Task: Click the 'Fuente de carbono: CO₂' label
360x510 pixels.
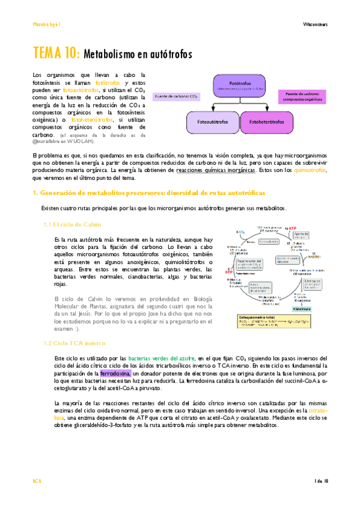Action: (x=178, y=96)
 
